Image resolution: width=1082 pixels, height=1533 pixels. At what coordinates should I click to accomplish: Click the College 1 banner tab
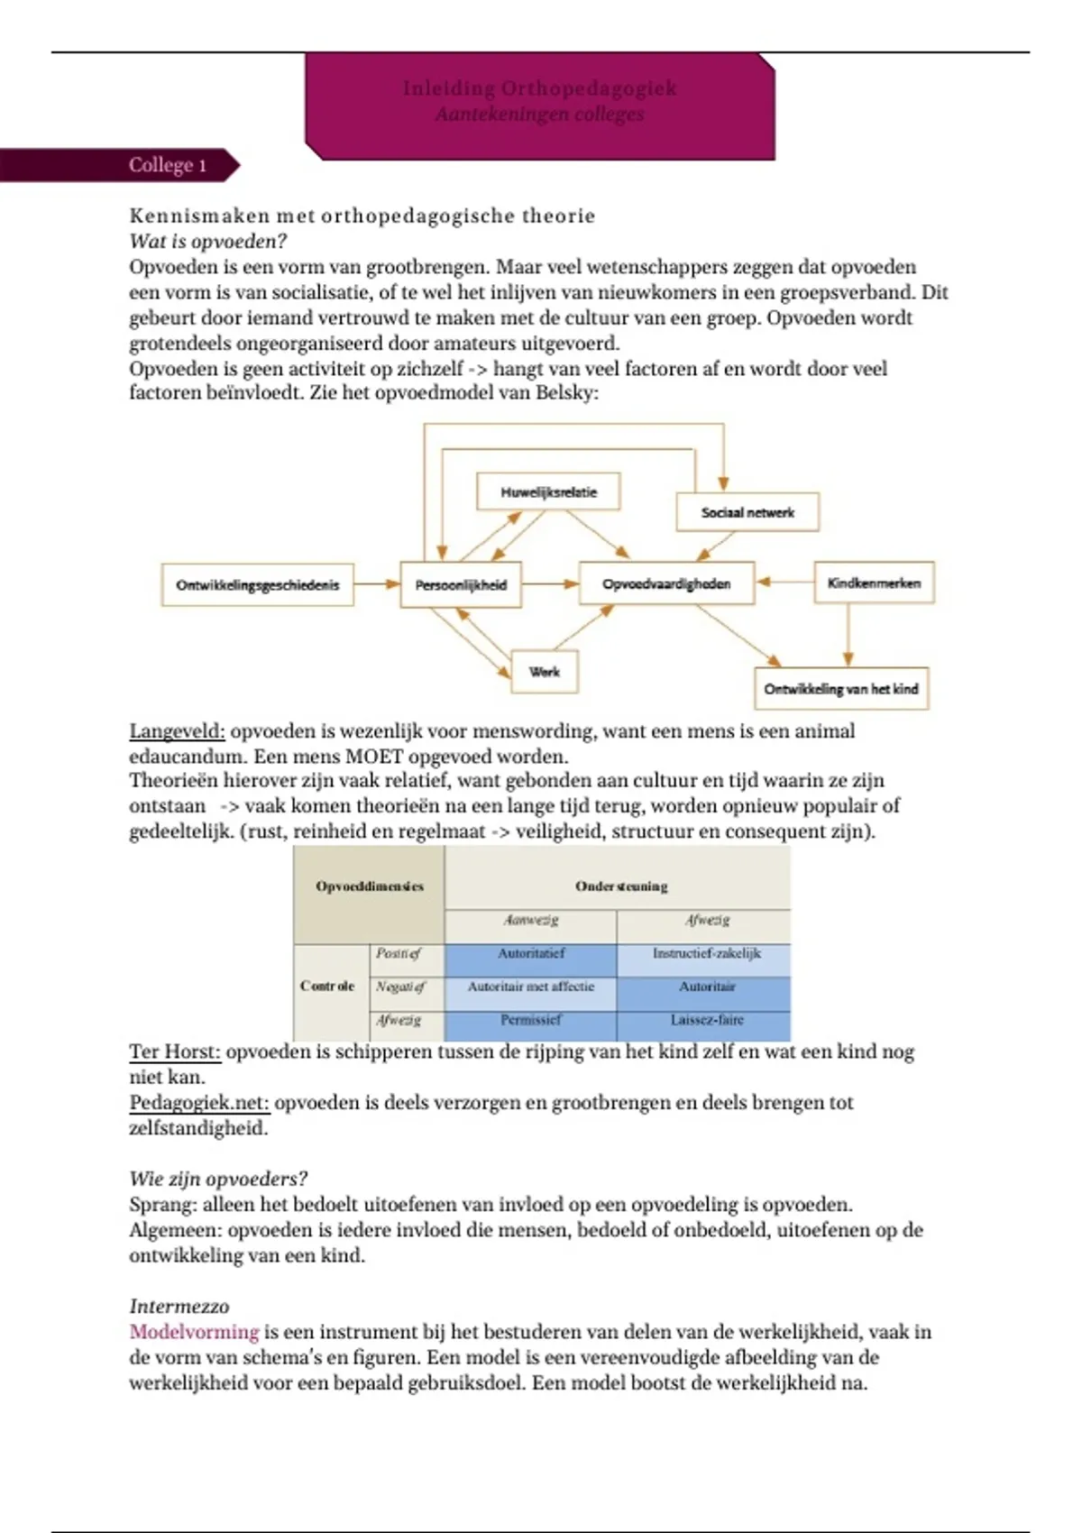[x=167, y=165]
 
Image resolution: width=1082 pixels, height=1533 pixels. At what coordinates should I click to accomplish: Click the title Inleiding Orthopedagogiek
[x=539, y=88]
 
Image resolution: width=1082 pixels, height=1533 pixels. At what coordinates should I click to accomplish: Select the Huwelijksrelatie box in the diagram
[x=548, y=492]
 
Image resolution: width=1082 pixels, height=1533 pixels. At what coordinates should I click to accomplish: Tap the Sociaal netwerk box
[x=747, y=512]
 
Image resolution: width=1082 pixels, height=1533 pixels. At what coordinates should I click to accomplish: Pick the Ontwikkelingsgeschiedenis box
[x=258, y=585]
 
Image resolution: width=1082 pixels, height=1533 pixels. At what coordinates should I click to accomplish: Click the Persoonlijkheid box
[x=461, y=585]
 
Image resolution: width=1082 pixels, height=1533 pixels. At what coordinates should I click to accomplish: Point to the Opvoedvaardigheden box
[x=666, y=583]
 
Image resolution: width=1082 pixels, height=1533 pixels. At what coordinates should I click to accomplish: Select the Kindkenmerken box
[x=874, y=583]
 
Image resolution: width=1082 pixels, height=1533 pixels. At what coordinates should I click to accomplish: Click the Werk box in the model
[x=545, y=672]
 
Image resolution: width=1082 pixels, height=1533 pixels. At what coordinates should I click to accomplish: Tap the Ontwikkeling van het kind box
[x=841, y=689]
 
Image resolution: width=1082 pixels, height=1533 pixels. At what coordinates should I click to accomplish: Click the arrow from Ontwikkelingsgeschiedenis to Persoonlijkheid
[x=377, y=584]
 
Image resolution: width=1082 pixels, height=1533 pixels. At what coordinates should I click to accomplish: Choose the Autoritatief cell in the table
[x=531, y=953]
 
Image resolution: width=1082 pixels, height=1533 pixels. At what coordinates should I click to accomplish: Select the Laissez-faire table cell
[x=707, y=1020]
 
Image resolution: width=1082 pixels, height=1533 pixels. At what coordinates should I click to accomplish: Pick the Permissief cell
[x=531, y=1020]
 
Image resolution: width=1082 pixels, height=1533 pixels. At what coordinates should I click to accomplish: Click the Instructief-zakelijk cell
[x=707, y=953]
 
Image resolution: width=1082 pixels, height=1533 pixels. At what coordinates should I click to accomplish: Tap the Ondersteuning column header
[x=621, y=886]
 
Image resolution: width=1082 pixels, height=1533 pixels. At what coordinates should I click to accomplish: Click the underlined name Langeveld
[x=177, y=731]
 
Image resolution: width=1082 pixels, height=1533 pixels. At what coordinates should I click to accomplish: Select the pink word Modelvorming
[x=194, y=1332]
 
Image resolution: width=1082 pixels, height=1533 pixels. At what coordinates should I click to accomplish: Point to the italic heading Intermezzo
[x=179, y=1307]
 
